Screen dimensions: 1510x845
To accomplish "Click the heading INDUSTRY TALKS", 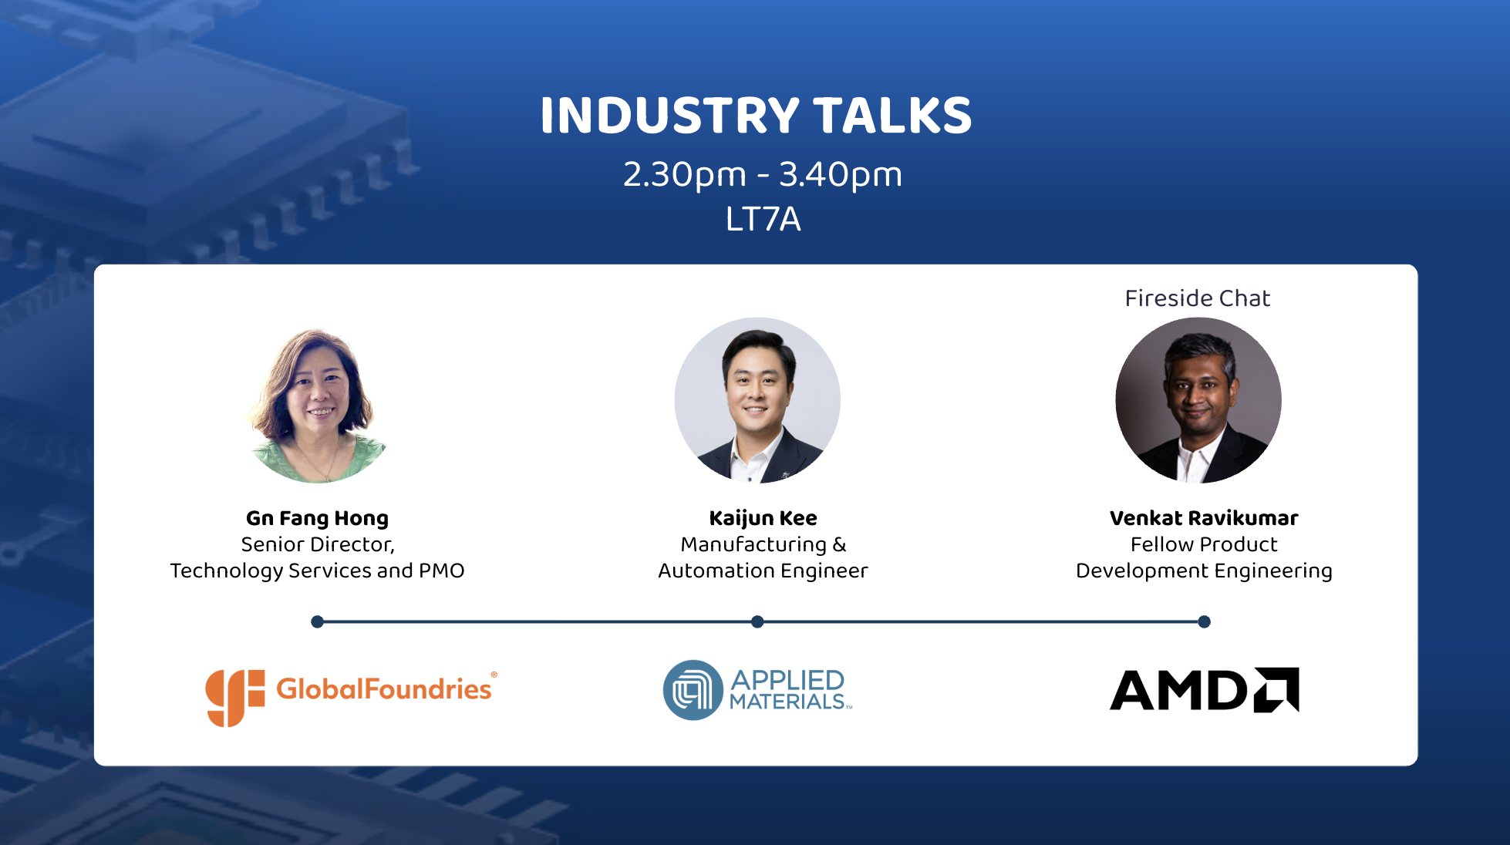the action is (x=756, y=116).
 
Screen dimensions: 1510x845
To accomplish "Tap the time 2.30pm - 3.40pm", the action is (x=763, y=175).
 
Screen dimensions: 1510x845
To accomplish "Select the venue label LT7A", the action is (x=763, y=219).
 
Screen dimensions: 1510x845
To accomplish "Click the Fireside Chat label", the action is (x=1197, y=298).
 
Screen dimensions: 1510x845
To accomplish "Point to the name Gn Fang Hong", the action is (x=317, y=518).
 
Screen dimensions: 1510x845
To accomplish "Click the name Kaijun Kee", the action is (x=763, y=518).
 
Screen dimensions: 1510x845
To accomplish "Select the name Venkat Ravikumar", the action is (x=1204, y=518).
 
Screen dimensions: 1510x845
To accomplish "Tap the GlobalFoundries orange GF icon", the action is (x=234, y=697).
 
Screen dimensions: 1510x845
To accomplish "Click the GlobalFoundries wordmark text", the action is (x=385, y=688).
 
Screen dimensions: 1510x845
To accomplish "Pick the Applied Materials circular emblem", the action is (x=693, y=690).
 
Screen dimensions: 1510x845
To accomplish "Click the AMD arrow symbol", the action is (x=1276, y=689).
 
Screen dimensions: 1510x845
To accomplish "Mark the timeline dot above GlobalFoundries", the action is (x=317, y=621).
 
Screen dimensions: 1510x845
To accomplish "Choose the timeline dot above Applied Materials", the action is (x=757, y=621).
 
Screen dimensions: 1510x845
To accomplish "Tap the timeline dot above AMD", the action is (x=1205, y=621).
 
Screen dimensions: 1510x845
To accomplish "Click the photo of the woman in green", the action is (x=317, y=401).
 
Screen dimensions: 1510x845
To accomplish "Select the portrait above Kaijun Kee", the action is (x=757, y=401).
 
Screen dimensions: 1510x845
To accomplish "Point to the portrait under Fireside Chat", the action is (x=1198, y=401).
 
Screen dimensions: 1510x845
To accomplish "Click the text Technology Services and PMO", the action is (x=317, y=571).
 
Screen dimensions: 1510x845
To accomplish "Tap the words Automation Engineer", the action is (x=763, y=571).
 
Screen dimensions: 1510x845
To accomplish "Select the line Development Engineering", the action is (x=1204, y=571).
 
